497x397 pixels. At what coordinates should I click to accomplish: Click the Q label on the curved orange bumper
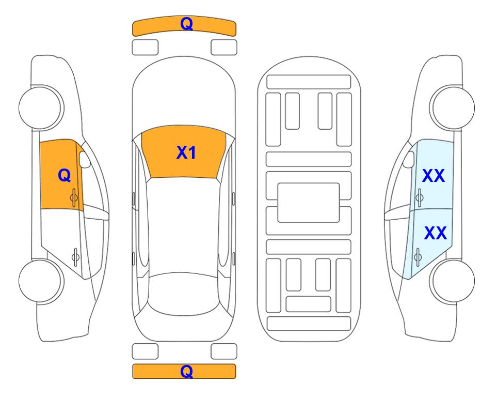pos(186,24)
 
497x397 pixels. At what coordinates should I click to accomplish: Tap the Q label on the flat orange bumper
pos(186,371)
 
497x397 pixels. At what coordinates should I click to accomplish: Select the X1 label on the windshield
pos(186,152)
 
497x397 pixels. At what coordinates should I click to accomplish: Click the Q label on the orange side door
pos(65,175)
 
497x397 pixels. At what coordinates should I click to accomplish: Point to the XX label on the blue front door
pos(434,176)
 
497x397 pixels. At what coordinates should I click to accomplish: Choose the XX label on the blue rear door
pos(435,233)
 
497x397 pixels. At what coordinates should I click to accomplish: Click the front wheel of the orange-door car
pos(41,108)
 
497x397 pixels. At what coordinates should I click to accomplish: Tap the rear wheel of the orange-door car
pos(41,281)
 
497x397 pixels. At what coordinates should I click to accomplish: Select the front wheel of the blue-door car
pos(452,108)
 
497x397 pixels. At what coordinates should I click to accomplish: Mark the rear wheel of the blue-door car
pos(452,281)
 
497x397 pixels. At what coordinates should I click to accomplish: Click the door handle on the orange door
pos(74,197)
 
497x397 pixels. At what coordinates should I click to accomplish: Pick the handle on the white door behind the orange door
pos(75,256)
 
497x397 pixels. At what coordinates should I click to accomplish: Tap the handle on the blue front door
pos(419,197)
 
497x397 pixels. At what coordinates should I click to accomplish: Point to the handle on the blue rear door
pos(418,256)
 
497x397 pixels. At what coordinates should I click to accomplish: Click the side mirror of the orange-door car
pos(85,159)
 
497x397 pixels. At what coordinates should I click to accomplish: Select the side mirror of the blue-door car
pos(409,159)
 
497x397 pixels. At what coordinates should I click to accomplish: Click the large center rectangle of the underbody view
pos(309,203)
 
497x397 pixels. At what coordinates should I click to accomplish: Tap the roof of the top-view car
pos(184,225)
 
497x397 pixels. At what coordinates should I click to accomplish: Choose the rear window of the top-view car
pos(184,294)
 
